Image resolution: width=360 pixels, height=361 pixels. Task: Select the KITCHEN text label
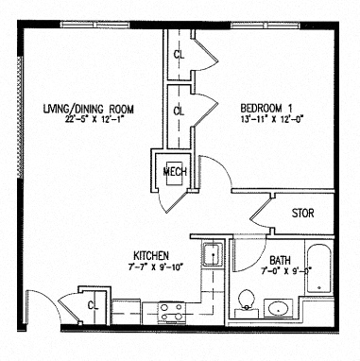point(150,256)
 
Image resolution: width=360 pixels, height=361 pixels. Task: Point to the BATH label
point(280,260)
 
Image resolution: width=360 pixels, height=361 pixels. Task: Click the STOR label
point(302,214)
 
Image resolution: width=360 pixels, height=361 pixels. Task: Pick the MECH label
point(175,171)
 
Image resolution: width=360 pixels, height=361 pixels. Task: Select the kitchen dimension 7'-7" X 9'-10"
point(150,267)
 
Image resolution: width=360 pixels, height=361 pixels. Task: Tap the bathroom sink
point(279,307)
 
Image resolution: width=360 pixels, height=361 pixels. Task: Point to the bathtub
point(320,268)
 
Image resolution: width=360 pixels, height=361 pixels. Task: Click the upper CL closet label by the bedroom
point(179,54)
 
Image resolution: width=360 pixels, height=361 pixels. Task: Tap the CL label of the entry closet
point(93,305)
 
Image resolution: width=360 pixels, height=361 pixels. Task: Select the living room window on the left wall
point(22,113)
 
